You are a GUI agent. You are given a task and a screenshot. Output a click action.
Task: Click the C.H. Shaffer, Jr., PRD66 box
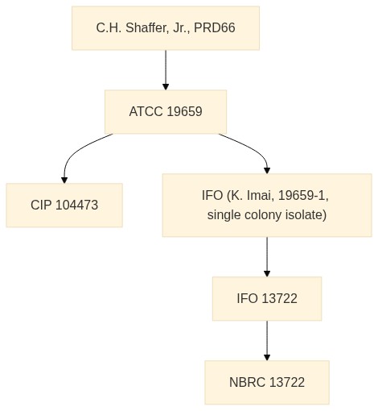coord(166,28)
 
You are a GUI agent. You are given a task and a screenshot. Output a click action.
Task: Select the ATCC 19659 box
coord(166,112)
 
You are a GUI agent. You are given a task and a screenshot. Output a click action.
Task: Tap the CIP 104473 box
coord(64,205)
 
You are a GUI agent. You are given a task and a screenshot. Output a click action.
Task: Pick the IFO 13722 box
coord(267,299)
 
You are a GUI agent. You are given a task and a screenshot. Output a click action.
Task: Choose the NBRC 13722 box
coord(267,383)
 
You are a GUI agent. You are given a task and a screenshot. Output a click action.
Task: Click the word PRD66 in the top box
coord(215,28)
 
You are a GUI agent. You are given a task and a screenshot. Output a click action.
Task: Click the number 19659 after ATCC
coord(184,111)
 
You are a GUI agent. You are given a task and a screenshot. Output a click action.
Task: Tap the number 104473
coord(77,205)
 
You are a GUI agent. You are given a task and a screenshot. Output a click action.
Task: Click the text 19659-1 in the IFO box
coord(303,195)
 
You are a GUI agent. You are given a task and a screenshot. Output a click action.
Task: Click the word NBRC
coord(247,382)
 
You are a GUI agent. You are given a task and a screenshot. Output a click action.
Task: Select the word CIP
coord(41,205)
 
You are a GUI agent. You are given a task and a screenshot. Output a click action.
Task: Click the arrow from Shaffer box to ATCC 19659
coord(166,70)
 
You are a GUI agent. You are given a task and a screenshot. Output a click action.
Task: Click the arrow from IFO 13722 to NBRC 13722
coord(267,341)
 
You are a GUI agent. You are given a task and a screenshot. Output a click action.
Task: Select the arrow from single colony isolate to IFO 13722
coord(267,257)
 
